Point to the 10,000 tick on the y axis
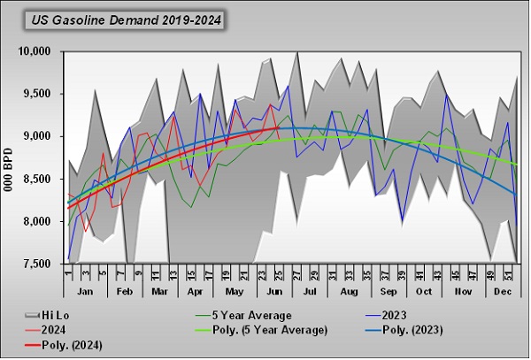(38, 51)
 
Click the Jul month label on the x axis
(311, 290)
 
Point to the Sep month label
(388, 290)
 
